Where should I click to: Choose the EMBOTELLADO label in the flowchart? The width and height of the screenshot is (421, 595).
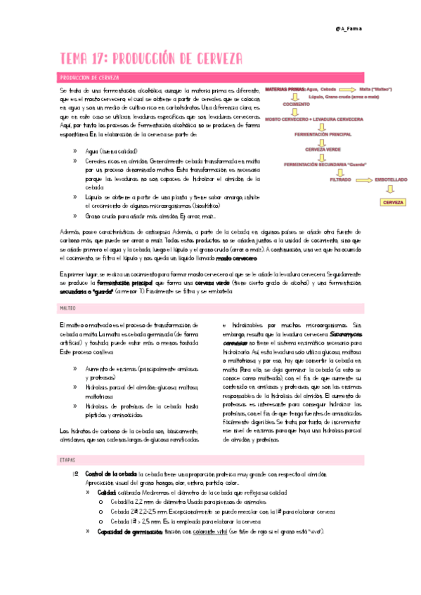coord(390,180)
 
